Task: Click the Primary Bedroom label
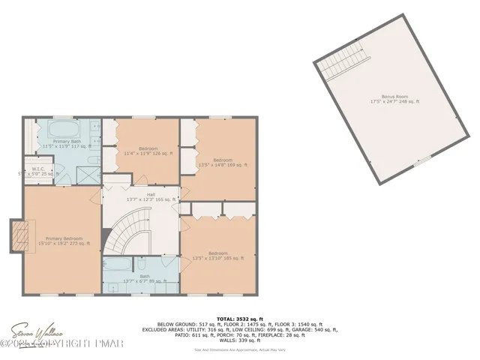(x=63, y=240)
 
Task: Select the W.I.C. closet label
(x=36, y=172)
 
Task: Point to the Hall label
(x=141, y=197)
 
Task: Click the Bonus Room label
(x=394, y=99)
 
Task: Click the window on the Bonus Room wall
(x=424, y=160)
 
